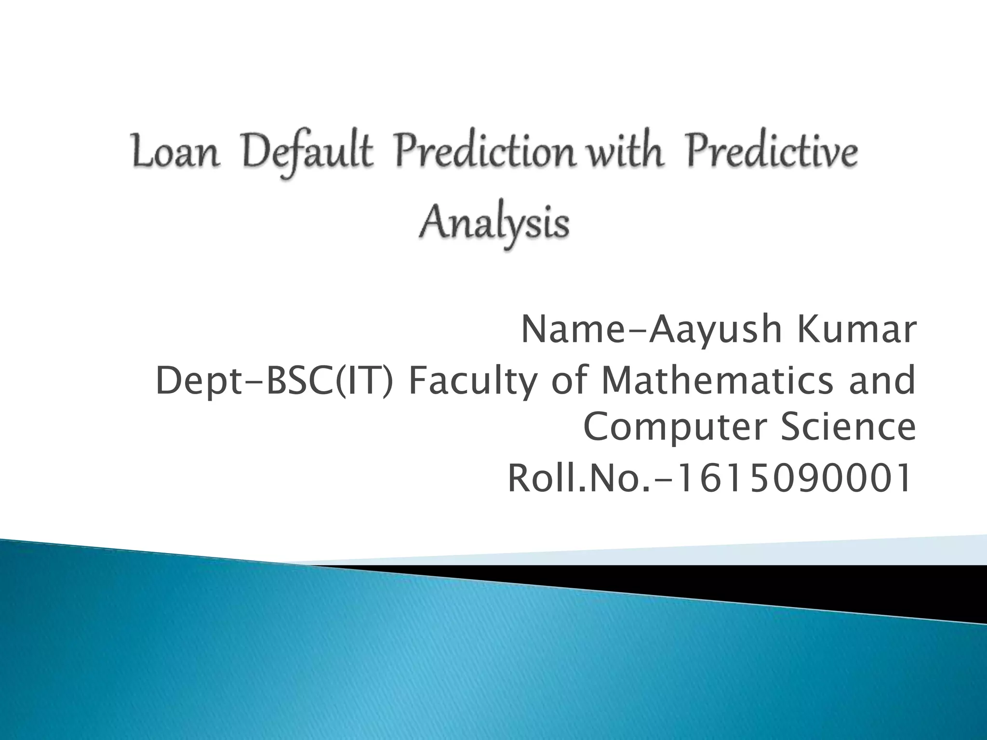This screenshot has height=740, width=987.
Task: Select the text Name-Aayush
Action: pos(651,330)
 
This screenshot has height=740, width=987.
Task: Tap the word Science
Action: pos(848,427)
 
